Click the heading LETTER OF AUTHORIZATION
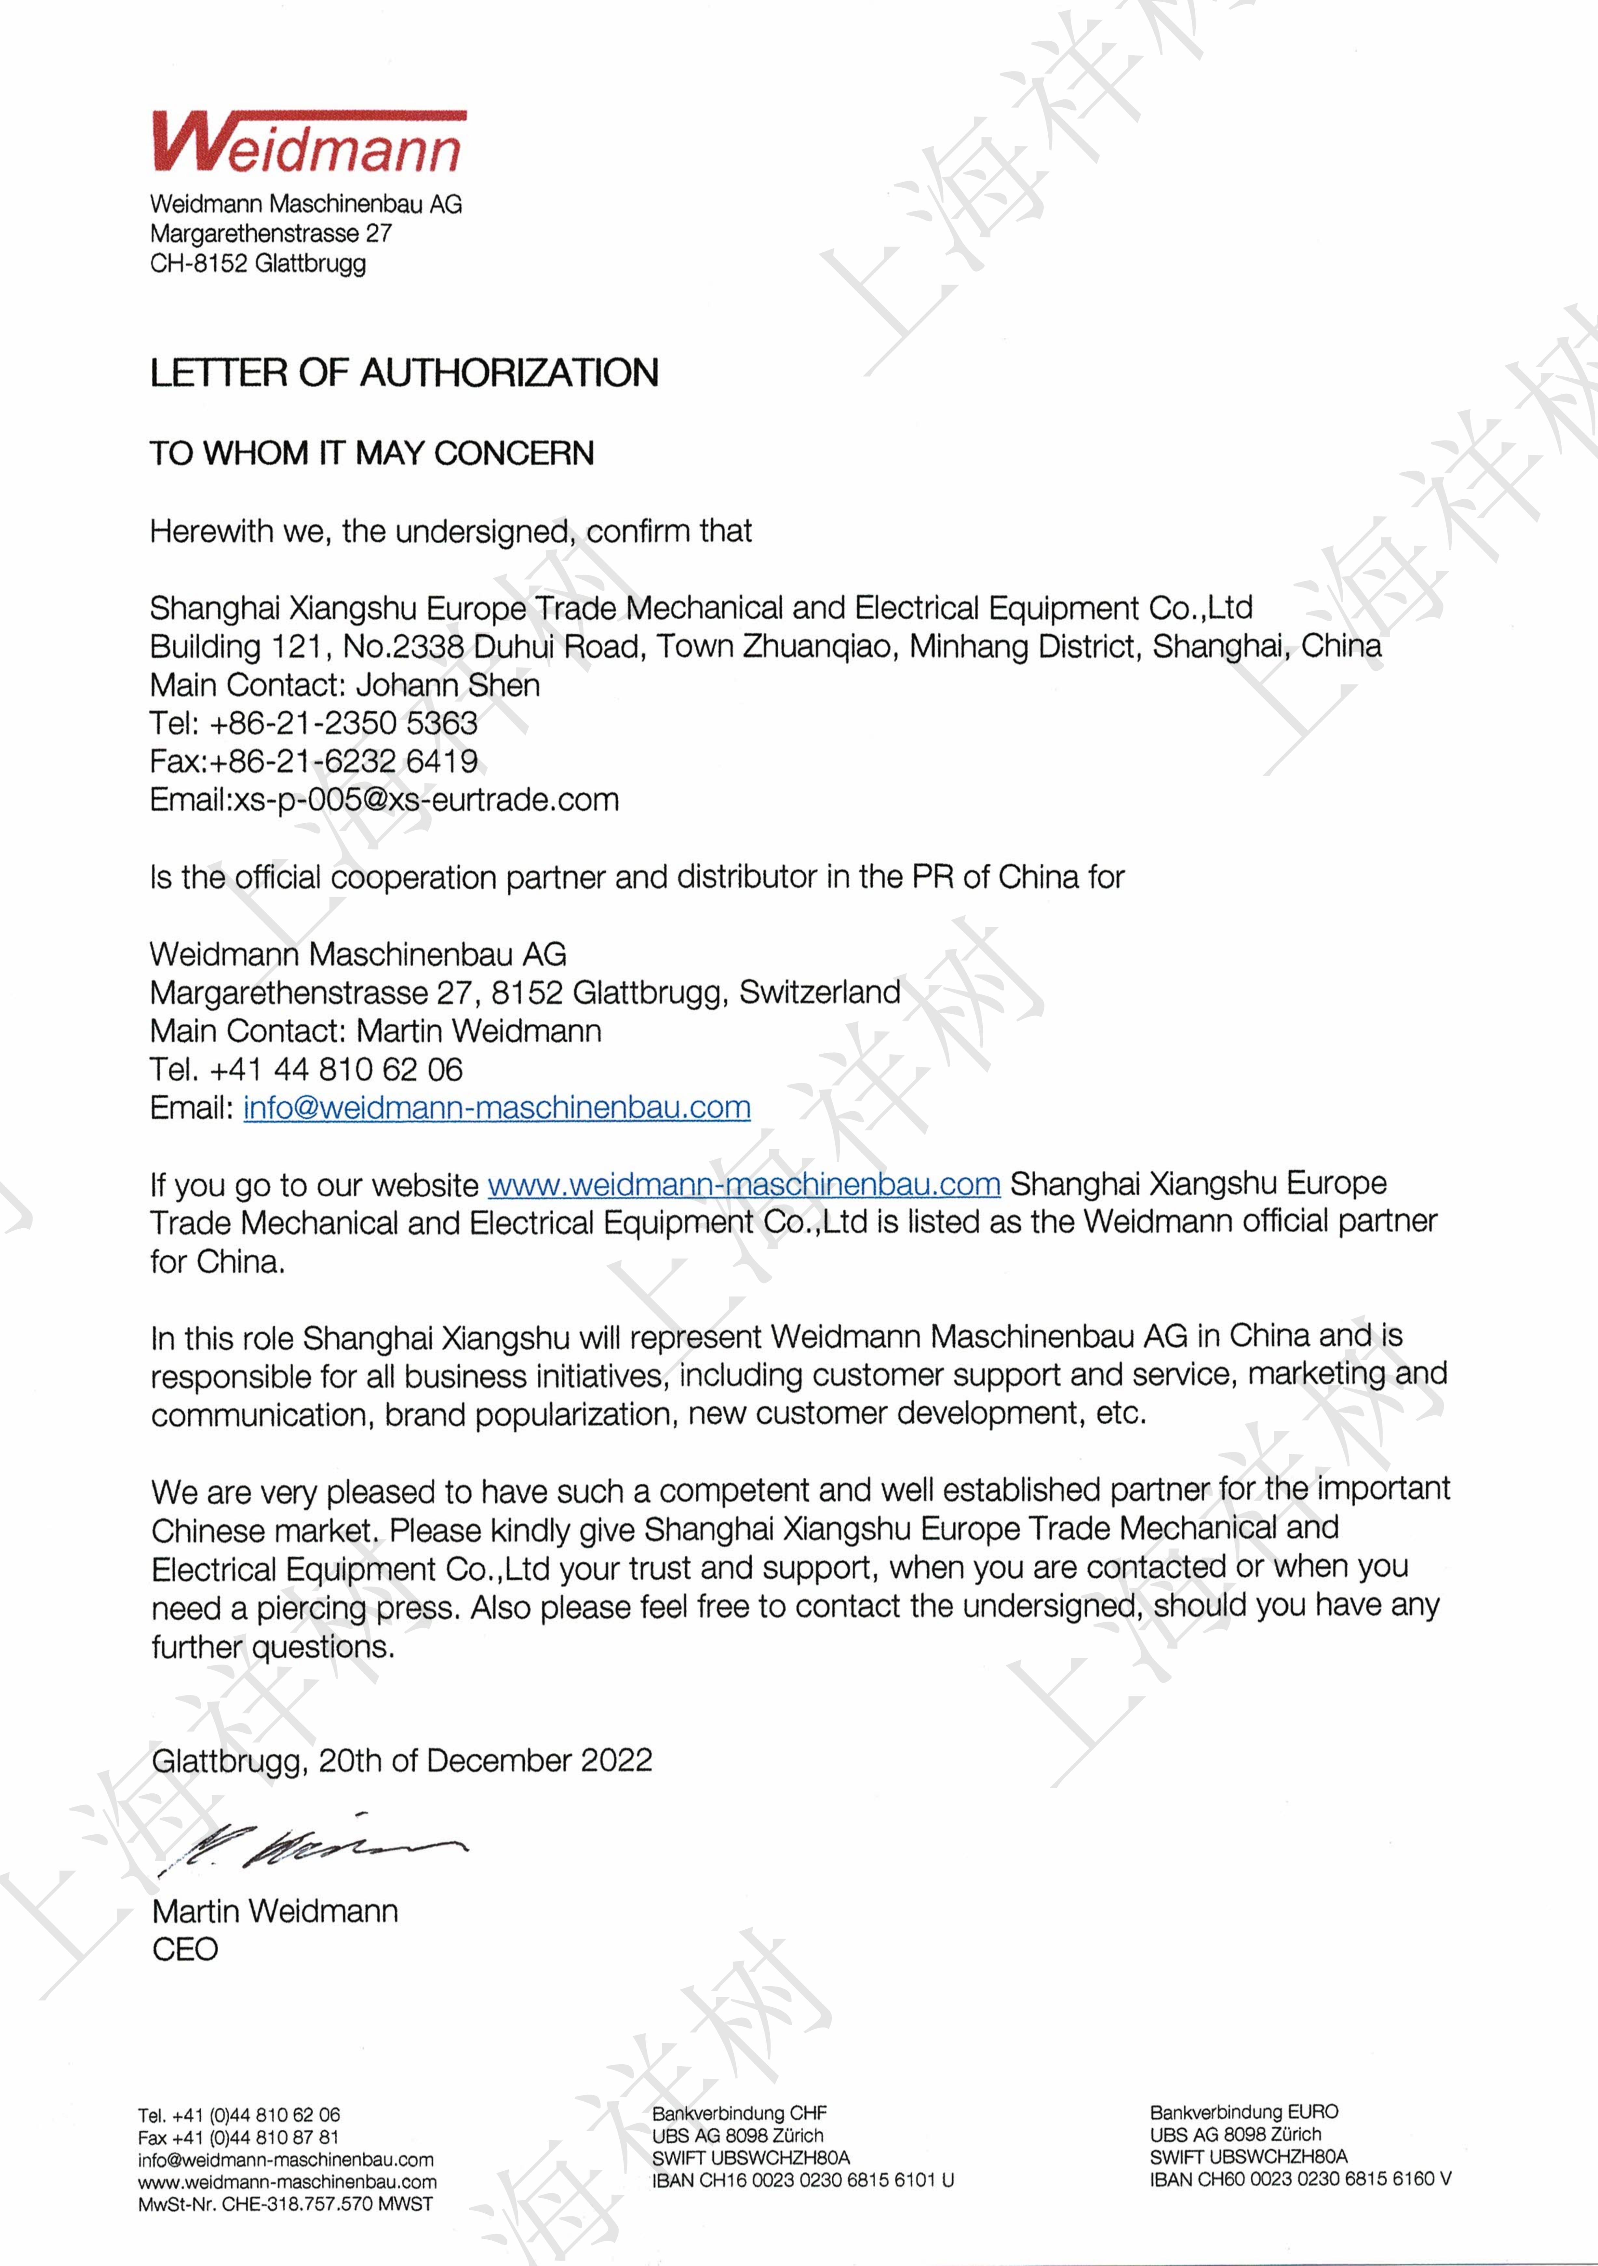click(404, 373)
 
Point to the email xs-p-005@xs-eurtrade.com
click(425, 800)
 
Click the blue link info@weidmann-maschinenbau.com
click(496, 1107)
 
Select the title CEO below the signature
click(184, 1949)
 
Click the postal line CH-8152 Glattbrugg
click(258, 263)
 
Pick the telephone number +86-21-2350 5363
click(343, 723)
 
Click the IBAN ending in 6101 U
click(802, 2180)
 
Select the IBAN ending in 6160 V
click(1300, 2179)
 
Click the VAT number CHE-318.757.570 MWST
click(327, 2204)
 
